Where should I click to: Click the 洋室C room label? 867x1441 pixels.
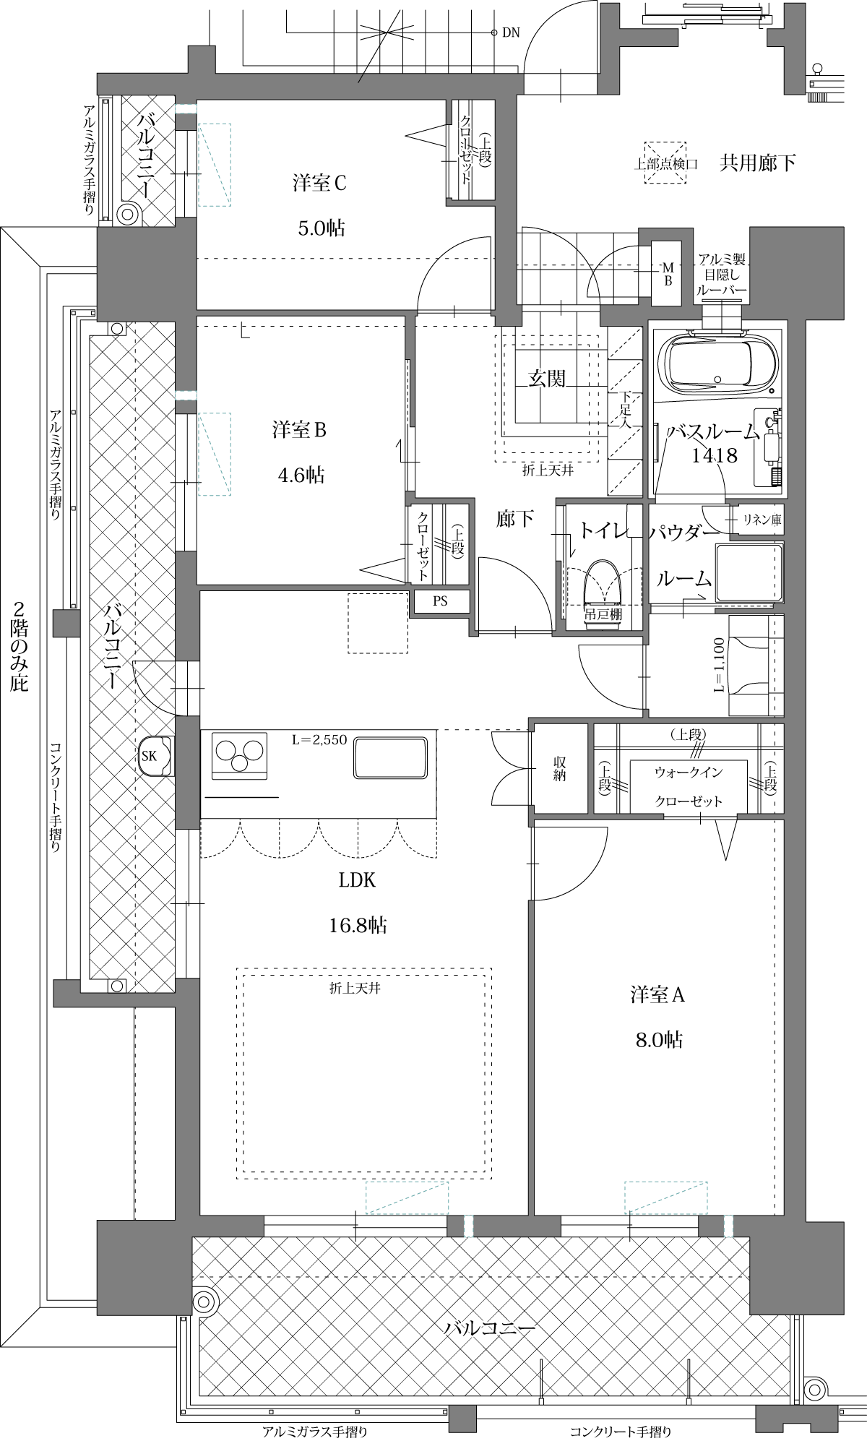tap(320, 184)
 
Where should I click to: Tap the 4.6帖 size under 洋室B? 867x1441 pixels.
tap(301, 475)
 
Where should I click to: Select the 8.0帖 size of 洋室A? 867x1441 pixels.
tap(658, 1039)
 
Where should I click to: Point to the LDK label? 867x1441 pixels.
tap(358, 879)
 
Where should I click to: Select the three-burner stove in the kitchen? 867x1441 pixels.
tap(238, 756)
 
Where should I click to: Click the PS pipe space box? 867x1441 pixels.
tap(440, 601)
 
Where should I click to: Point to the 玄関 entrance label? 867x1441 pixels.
tap(547, 378)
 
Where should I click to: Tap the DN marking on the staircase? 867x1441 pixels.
tap(511, 33)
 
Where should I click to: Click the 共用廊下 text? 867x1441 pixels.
tap(758, 163)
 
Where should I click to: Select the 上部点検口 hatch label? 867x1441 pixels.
tap(665, 164)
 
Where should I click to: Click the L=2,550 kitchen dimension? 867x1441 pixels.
tap(319, 739)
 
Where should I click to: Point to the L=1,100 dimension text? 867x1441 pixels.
tap(720, 666)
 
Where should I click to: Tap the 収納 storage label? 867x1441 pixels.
tap(560, 769)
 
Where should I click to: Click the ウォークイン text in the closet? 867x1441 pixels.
tap(689, 773)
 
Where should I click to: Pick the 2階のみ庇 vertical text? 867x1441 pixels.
tap(20, 646)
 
